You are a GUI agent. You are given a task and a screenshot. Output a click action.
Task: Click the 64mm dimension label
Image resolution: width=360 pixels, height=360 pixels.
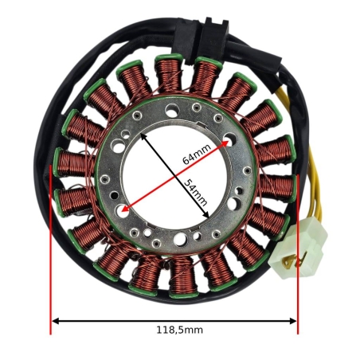[x=197, y=155]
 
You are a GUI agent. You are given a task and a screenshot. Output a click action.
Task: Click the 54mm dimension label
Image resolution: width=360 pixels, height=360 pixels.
[x=195, y=193]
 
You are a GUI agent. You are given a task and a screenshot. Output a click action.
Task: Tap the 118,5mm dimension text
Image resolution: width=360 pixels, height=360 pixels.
[x=179, y=330]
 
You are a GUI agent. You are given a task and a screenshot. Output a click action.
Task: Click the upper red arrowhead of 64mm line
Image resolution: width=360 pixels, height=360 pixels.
[x=225, y=143]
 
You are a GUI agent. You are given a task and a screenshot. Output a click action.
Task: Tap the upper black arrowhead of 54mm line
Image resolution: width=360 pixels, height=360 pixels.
[x=143, y=136]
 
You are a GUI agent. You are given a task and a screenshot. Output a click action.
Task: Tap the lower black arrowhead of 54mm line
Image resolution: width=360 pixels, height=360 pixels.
[x=205, y=214]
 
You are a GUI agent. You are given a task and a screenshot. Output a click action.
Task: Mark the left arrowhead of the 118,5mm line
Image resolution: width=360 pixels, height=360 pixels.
[x=55, y=321]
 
